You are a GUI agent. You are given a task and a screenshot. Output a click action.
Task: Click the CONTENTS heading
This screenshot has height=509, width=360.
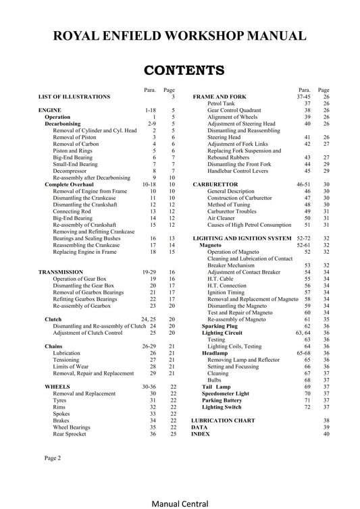(x=180, y=70)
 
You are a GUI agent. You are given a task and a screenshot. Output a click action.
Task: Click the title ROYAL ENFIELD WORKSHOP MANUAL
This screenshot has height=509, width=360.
(x=180, y=35)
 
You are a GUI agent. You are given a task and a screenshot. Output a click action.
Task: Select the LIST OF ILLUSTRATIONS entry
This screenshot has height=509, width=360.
(x=74, y=97)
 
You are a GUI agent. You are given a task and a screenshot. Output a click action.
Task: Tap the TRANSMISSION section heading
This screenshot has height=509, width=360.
(x=61, y=271)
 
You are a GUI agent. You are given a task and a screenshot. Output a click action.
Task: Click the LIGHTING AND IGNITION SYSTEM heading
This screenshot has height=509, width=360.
(x=242, y=239)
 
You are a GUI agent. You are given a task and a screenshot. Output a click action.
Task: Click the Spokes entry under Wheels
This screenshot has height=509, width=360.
(x=62, y=414)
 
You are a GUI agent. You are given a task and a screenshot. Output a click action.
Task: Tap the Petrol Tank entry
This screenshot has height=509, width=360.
(x=223, y=103)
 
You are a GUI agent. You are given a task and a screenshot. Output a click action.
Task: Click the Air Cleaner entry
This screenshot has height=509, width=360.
(x=222, y=218)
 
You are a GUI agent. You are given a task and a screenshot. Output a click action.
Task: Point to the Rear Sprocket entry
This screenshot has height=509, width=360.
(x=70, y=434)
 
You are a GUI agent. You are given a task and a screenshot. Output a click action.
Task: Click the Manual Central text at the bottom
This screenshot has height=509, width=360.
(x=180, y=502)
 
